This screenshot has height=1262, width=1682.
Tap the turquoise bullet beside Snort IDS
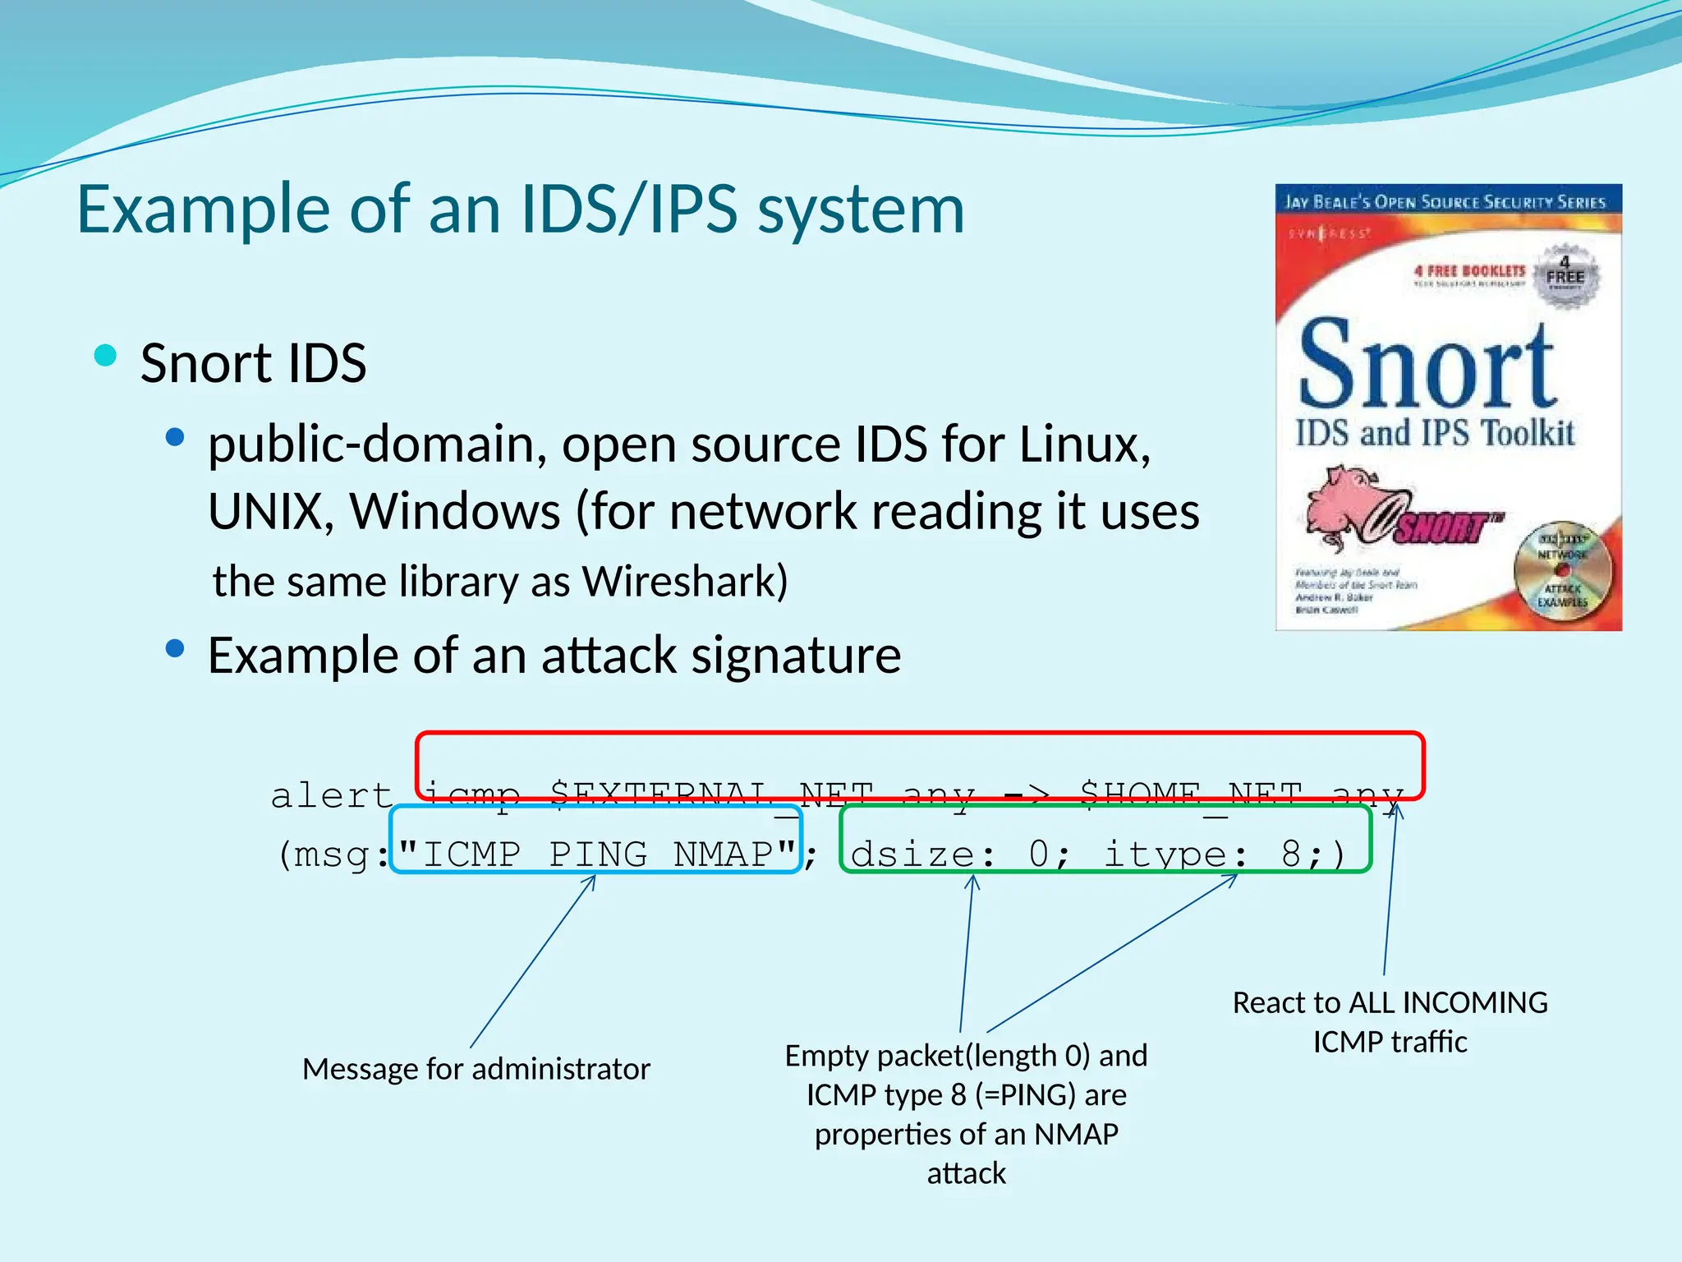pos(106,356)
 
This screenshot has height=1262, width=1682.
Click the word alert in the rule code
pos(332,795)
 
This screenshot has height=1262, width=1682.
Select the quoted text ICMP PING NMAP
pos(597,854)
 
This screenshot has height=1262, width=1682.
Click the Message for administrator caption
pos(476,1069)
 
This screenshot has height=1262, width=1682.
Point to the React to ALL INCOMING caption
pos(1390,1003)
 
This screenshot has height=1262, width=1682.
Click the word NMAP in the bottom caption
pos(1076,1135)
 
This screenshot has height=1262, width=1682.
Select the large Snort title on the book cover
pos(1427,366)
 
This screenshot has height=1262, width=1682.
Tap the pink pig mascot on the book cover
pos(1347,505)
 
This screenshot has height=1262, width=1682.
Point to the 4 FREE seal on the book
pos(1565,275)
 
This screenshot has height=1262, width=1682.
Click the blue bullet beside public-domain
pos(174,438)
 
